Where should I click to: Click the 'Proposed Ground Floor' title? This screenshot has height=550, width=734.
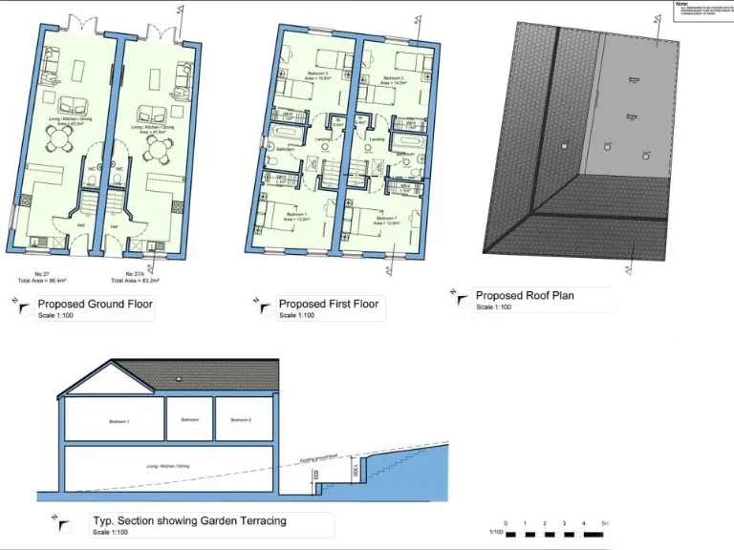click(x=95, y=305)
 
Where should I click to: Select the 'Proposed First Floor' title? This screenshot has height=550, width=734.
click(x=328, y=304)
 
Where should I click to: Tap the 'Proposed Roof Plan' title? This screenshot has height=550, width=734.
click(x=525, y=296)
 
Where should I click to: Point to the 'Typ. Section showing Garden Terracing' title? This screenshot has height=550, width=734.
click(x=189, y=521)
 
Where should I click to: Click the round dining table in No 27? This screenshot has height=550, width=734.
click(x=61, y=144)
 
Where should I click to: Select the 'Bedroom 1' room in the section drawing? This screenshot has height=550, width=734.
click(x=119, y=421)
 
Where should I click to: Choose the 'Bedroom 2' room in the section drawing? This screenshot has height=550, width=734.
click(x=239, y=420)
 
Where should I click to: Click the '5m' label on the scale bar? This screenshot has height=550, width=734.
click(x=606, y=524)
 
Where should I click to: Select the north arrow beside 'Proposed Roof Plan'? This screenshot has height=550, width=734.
click(x=461, y=300)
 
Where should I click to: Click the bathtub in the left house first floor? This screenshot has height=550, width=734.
click(x=285, y=134)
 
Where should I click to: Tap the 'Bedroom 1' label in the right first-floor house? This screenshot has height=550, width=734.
click(x=387, y=220)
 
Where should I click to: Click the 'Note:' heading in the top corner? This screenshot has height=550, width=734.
click(x=681, y=4)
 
